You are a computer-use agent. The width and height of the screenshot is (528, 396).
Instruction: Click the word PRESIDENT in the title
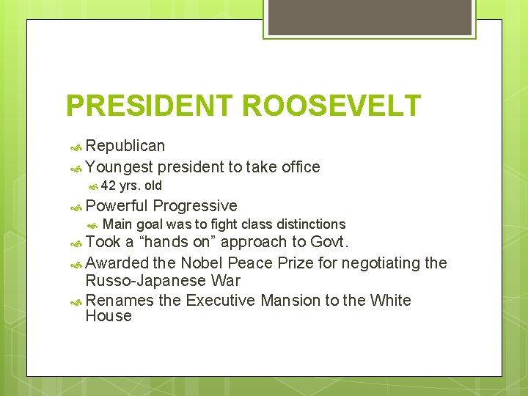[x=150, y=106]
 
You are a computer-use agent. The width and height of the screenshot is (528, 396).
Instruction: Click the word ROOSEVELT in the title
[x=331, y=106]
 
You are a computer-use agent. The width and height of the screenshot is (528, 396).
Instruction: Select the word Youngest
[x=119, y=167]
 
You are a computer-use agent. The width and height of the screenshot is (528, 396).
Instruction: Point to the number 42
[x=109, y=186]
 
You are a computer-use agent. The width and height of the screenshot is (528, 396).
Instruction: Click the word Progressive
[x=195, y=206]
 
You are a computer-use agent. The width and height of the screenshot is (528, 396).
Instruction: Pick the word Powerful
[x=117, y=206]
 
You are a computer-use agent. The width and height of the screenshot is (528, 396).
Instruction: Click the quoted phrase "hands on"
[x=175, y=243]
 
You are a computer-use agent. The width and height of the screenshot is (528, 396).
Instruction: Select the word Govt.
[x=330, y=243]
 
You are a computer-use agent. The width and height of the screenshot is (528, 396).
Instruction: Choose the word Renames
[x=120, y=301]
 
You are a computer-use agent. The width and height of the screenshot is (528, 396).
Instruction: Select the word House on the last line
[x=109, y=316]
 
